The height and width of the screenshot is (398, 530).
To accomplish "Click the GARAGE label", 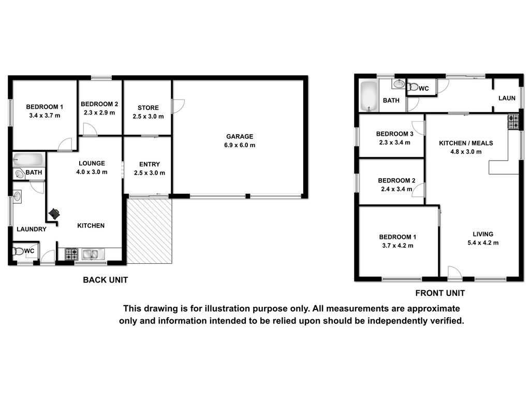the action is (x=240, y=136).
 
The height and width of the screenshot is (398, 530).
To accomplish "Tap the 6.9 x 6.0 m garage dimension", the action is (x=240, y=145).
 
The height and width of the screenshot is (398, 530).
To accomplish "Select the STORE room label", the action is (x=148, y=108).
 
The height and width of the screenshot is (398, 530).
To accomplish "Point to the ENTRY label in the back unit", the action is (x=150, y=164).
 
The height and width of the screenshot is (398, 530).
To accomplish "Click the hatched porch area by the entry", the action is (x=149, y=231).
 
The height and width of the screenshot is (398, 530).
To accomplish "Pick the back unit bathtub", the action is (x=28, y=160).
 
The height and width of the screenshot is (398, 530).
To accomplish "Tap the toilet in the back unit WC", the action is (x=18, y=251).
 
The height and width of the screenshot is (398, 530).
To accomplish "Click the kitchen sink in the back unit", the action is (x=90, y=254).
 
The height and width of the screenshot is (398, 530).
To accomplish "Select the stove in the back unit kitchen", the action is (x=71, y=254).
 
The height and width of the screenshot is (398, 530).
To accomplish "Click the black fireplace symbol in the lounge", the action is (x=54, y=214).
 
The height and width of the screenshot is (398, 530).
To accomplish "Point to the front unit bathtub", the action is (x=369, y=96).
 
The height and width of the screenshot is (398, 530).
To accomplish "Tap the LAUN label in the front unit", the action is (x=507, y=98).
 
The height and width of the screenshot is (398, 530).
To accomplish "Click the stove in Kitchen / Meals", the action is (x=513, y=122).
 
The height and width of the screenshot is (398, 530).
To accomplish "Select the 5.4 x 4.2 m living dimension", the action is (x=483, y=243).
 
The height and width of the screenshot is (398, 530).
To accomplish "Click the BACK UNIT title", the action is (x=106, y=280).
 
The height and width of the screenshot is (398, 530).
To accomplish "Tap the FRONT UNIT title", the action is (x=440, y=293).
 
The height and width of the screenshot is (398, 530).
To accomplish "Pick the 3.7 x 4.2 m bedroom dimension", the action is (x=397, y=246).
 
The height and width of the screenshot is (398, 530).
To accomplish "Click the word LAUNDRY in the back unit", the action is (x=32, y=229).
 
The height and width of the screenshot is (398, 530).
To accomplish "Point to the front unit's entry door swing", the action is (x=454, y=273).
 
